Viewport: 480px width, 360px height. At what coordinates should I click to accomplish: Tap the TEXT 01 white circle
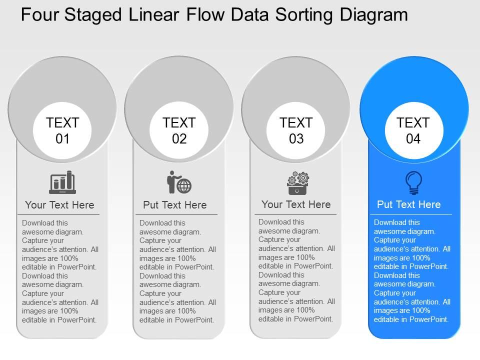pyautogui.click(x=62, y=130)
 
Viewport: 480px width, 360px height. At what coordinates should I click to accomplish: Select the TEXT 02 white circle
pyautogui.click(x=179, y=130)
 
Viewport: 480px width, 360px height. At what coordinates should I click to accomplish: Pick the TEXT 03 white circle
pyautogui.click(x=296, y=130)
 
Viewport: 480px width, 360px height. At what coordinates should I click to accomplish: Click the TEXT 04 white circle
pyautogui.click(x=413, y=130)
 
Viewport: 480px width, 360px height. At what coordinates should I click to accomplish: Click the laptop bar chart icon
pyautogui.click(x=62, y=182)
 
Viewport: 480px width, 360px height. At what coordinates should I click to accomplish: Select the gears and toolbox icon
pyautogui.click(x=298, y=183)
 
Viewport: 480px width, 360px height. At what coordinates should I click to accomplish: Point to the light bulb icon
pyautogui.click(x=413, y=182)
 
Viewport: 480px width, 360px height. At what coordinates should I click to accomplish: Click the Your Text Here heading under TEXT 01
pyautogui.click(x=59, y=205)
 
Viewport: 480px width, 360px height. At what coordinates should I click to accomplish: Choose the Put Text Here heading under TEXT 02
pyautogui.click(x=174, y=205)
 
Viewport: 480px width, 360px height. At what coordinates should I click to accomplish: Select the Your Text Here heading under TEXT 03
pyautogui.click(x=296, y=204)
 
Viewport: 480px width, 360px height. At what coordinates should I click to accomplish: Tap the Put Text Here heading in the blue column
pyautogui.click(x=408, y=204)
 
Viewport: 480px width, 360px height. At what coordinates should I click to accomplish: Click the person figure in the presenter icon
pyautogui.click(x=171, y=182)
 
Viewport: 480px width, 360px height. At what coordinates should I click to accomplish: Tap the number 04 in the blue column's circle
pyautogui.click(x=413, y=139)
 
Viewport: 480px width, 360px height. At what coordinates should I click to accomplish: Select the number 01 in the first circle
pyautogui.click(x=62, y=139)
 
